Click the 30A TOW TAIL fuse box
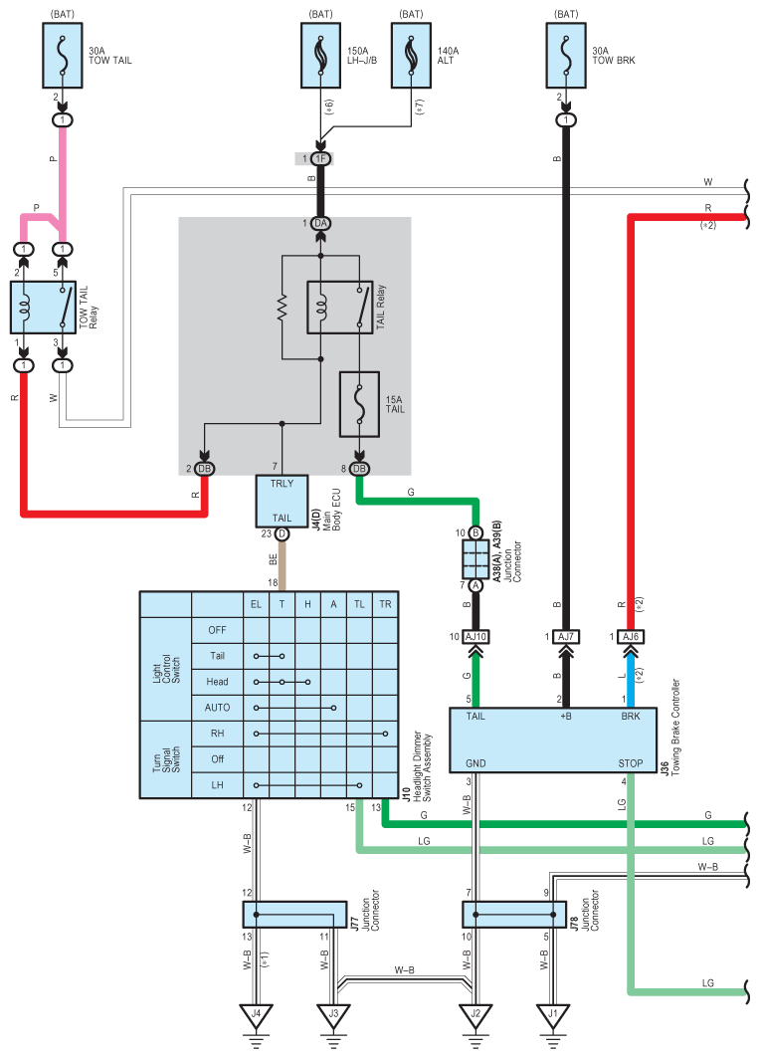(x=63, y=56)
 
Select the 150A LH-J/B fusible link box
(x=321, y=56)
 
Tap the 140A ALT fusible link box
(x=412, y=56)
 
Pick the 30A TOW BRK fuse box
(x=566, y=56)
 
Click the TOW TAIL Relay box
(x=43, y=308)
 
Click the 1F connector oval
(x=321, y=158)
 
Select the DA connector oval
(x=321, y=223)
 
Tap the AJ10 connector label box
(x=475, y=636)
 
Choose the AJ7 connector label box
(x=566, y=636)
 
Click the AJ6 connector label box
(x=631, y=636)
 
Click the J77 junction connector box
(x=294, y=915)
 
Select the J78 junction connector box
(x=514, y=915)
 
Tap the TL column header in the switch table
(x=359, y=604)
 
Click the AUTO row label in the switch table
(x=217, y=708)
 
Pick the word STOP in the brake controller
(x=631, y=763)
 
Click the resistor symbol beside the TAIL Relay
(x=282, y=308)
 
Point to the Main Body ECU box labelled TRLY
(x=282, y=502)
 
